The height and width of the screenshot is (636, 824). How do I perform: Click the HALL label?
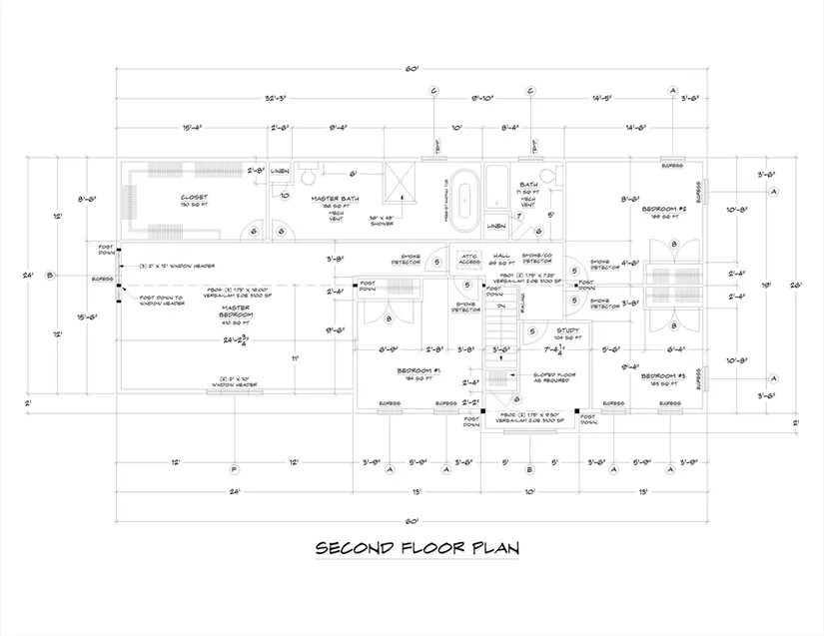pos(502,256)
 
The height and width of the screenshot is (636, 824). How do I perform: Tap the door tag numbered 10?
pos(285,196)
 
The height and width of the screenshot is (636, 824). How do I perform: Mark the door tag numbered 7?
pos(518,217)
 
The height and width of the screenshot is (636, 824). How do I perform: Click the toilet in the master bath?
pos(309,177)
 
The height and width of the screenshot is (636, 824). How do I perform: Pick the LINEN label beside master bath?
pos(281,168)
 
